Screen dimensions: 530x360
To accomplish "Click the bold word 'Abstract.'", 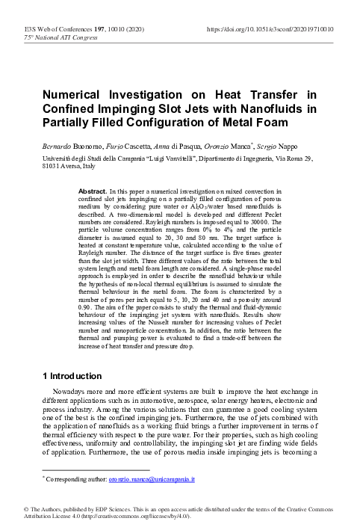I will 92,192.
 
